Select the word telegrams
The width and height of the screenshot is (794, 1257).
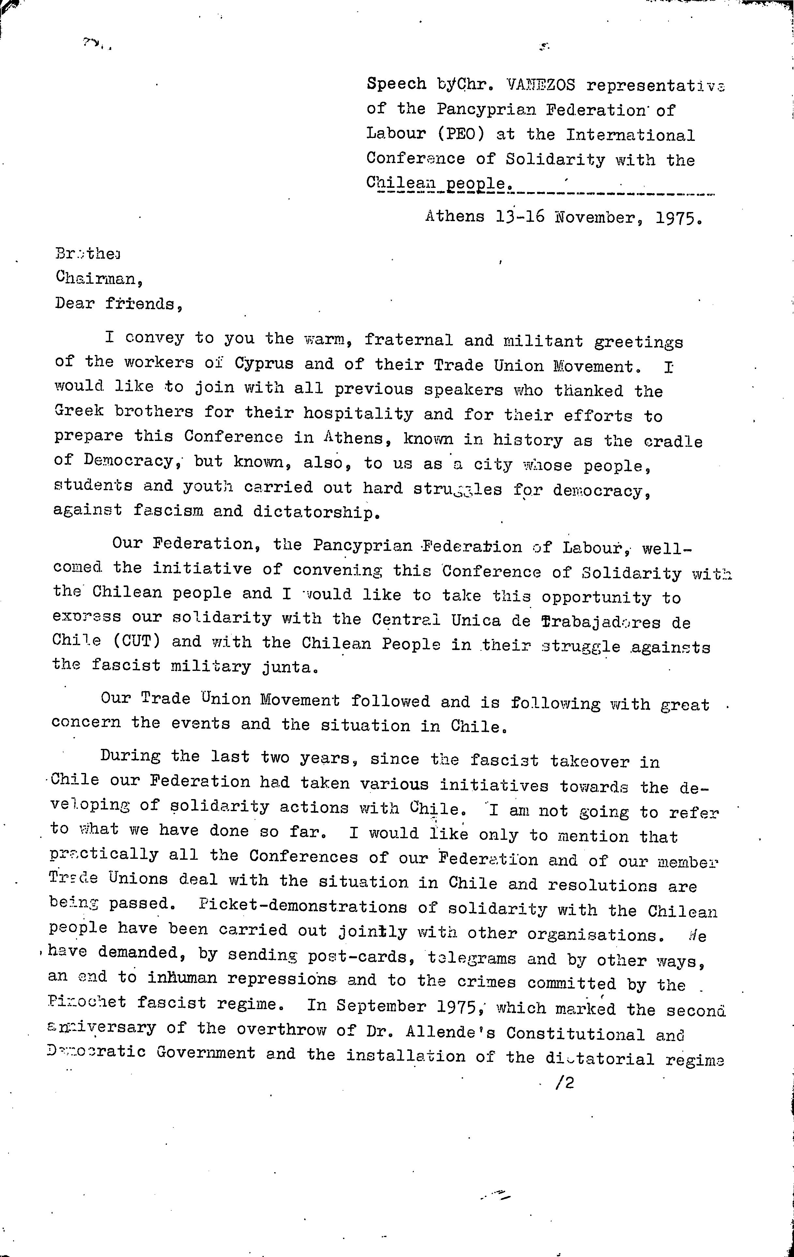coord(472,959)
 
